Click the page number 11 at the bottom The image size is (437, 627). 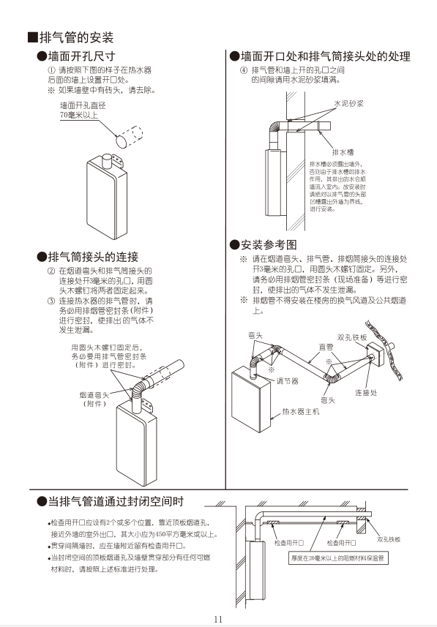(218, 618)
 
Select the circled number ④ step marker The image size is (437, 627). (244, 70)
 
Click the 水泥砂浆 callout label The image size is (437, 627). (348, 104)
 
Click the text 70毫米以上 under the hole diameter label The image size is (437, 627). (79, 115)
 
